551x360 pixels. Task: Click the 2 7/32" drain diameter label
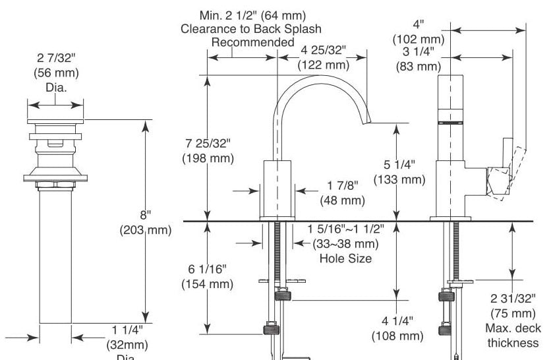[x=56, y=57]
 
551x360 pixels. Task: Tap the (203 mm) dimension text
[x=146, y=230]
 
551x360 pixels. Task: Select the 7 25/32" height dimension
[x=208, y=144]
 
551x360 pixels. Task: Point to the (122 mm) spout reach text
[x=324, y=65]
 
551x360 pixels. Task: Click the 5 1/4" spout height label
[x=399, y=165]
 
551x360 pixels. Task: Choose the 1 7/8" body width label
[x=343, y=185]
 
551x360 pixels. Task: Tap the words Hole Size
[x=345, y=258]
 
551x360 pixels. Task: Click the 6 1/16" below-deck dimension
[x=208, y=269]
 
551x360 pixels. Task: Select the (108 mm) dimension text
[x=397, y=336]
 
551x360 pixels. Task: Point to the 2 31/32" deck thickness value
[x=513, y=299]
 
